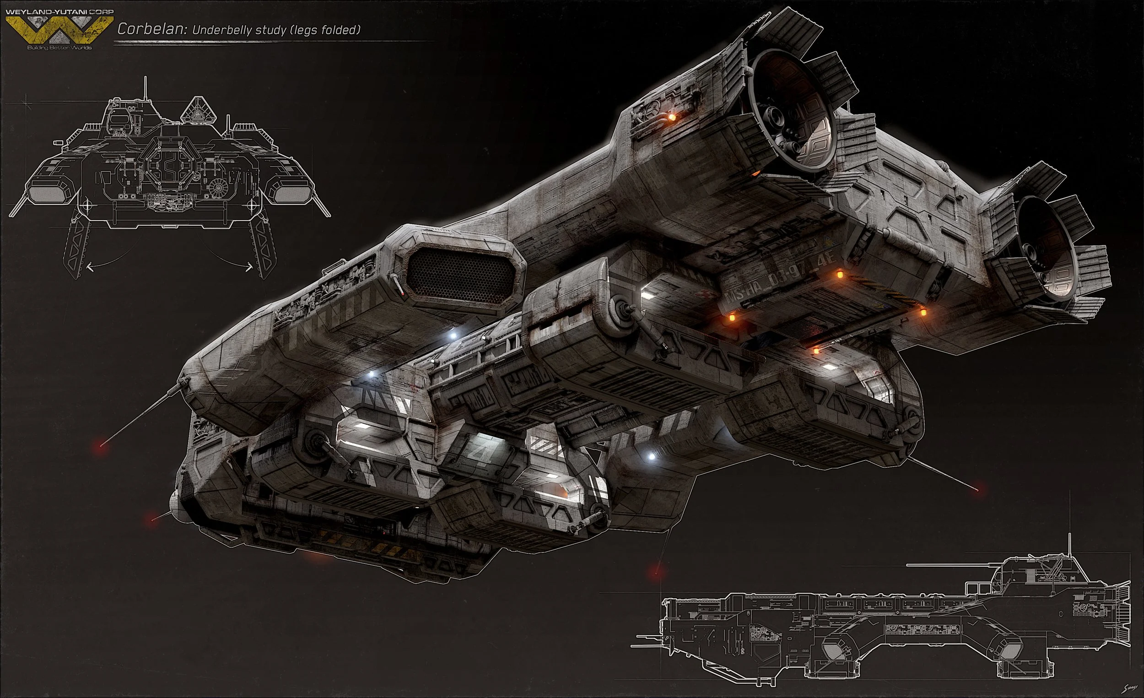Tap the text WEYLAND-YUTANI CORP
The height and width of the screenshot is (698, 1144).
tap(57, 11)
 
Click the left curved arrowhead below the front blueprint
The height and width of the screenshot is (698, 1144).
tap(89, 266)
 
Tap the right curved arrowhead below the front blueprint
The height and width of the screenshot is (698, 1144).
tap(251, 266)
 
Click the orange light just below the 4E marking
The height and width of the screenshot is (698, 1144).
tap(838, 275)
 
